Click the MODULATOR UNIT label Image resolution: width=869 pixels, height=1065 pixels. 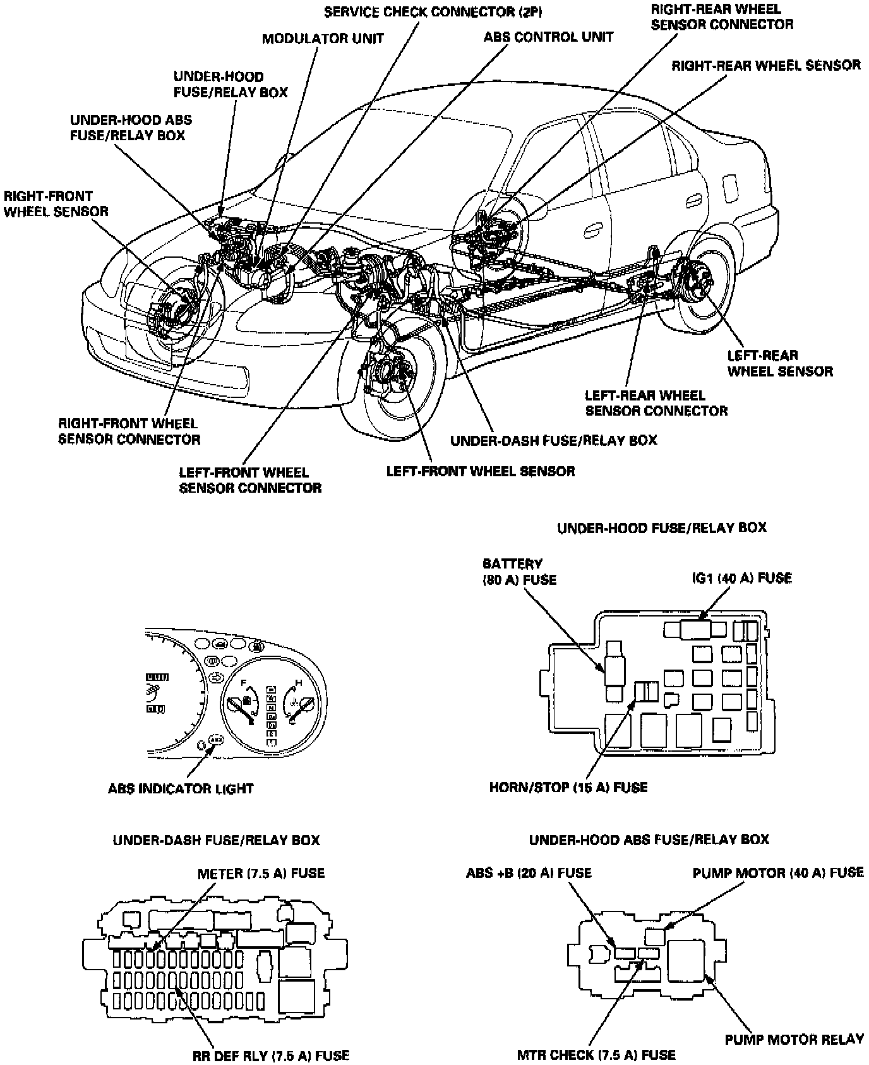[x=323, y=39]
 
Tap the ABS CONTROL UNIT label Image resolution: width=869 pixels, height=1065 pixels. [x=548, y=37]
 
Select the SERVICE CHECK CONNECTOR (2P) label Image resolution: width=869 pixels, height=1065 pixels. [x=433, y=12]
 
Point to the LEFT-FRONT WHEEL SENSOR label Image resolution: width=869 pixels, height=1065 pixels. [x=481, y=471]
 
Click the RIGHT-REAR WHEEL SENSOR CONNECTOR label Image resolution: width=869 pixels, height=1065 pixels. [x=722, y=17]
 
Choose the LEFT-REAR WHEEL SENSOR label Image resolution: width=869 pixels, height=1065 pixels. [x=780, y=363]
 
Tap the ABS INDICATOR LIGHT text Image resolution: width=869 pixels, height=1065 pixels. [x=181, y=788]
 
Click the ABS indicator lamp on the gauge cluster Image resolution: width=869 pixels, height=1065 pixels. [x=215, y=738]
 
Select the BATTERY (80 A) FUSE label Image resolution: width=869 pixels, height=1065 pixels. [x=519, y=571]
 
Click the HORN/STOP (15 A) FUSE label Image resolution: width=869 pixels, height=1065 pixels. [x=568, y=788]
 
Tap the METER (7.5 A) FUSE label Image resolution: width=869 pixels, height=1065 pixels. [x=261, y=874]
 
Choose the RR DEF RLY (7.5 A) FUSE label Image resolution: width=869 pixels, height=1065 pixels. [x=271, y=1055]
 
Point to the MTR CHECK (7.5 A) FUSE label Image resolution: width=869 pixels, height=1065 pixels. [x=596, y=1054]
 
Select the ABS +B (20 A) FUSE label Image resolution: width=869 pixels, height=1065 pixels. [x=529, y=873]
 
